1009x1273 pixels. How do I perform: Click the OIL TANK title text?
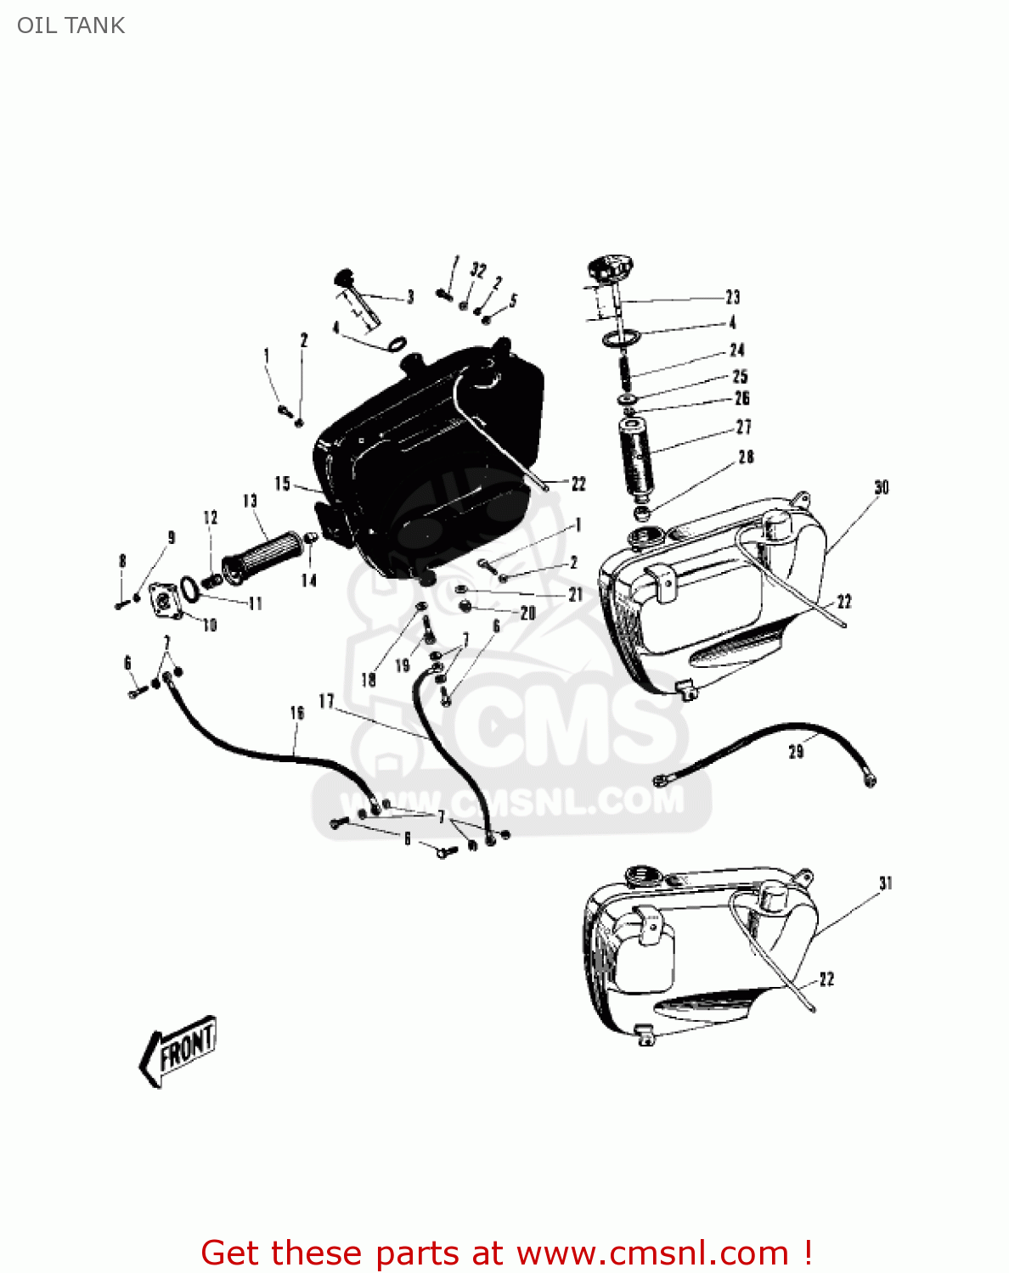pos(71,25)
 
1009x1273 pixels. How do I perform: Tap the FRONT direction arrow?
pos(179,1049)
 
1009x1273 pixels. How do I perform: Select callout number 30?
pos(881,487)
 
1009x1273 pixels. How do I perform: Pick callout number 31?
pos(885,883)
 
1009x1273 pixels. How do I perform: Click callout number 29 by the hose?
pos(796,751)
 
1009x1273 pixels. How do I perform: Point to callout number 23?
pos(732,297)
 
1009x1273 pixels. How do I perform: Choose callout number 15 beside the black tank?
pos(283,484)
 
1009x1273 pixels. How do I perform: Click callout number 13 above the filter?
pos(250,501)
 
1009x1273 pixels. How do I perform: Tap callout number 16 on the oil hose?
pos(296,712)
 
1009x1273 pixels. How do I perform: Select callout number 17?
pos(326,701)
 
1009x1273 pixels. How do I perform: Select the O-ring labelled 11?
pos(191,586)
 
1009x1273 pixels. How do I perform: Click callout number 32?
pos(478,271)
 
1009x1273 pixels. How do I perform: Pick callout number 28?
pos(746,457)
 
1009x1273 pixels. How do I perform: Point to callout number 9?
pos(171,537)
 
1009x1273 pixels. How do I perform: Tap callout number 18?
pos(368,679)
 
